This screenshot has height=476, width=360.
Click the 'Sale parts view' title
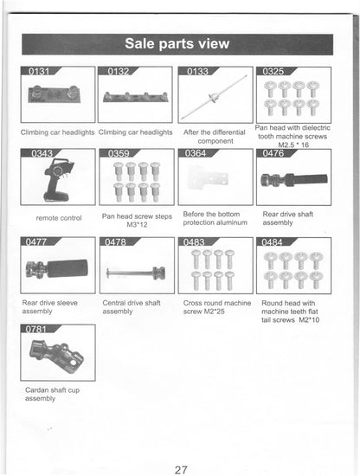click(x=177, y=43)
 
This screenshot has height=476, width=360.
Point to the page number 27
click(x=180, y=470)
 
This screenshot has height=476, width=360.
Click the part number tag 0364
click(x=196, y=154)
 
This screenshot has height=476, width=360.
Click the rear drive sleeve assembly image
click(x=55, y=269)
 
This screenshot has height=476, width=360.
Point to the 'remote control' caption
click(x=59, y=218)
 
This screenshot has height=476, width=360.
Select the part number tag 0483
click(x=196, y=241)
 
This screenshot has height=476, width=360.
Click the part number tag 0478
click(x=116, y=241)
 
